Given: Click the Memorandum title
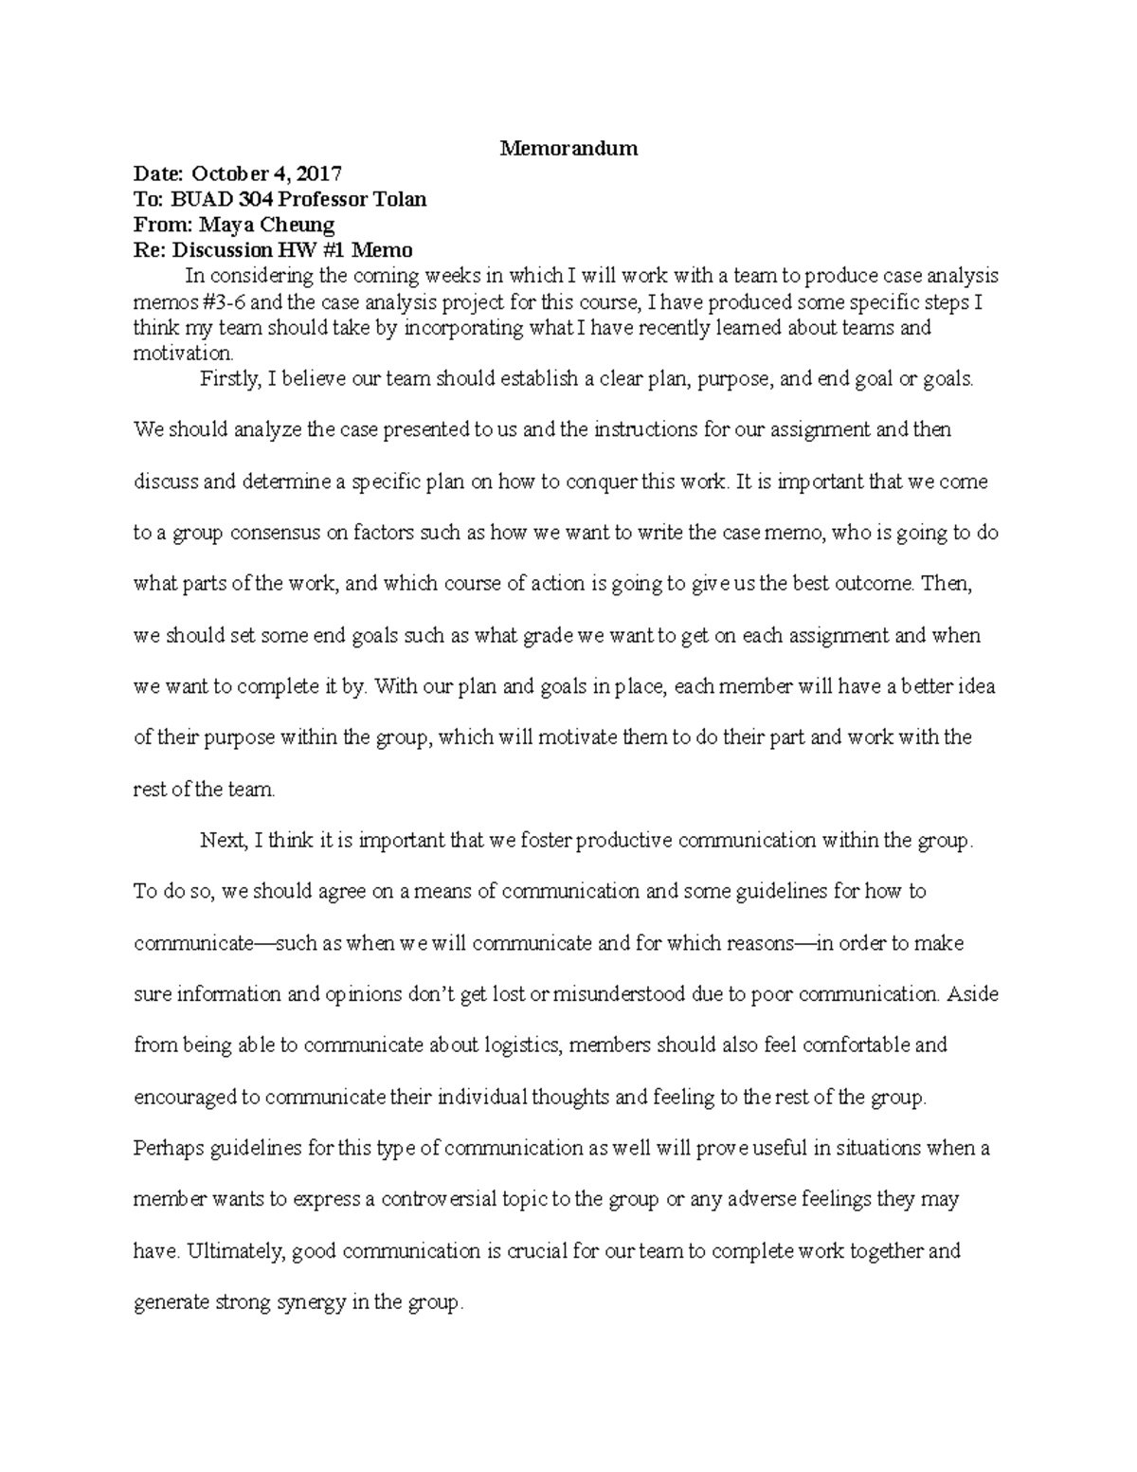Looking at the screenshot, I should click(568, 148).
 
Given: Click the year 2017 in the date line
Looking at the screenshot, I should click(317, 173).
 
